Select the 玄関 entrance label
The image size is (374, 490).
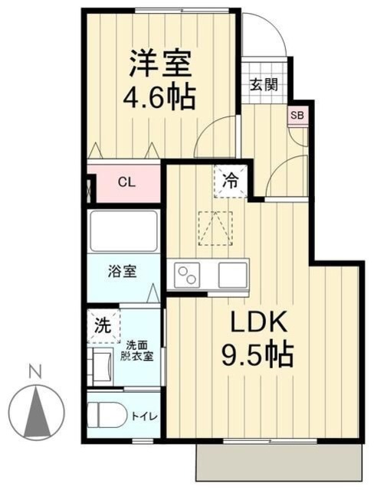(263, 84)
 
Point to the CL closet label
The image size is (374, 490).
(127, 183)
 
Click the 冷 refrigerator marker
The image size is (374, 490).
(230, 182)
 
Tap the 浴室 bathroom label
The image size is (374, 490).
(123, 271)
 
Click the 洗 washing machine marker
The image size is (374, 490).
(103, 324)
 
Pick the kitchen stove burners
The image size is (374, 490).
(189, 273)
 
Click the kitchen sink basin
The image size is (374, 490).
(232, 273)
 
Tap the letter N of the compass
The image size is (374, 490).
(34, 373)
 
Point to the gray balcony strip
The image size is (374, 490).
(279, 463)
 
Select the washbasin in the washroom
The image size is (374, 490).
(101, 367)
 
